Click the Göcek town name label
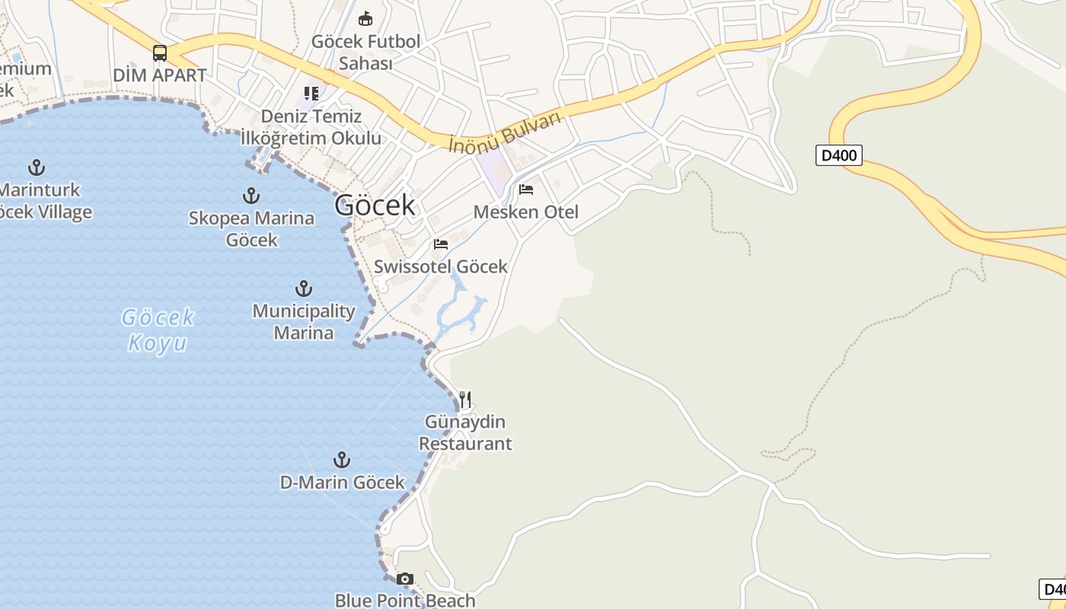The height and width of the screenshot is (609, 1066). [x=375, y=206]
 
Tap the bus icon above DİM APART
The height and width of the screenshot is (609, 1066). [x=159, y=53]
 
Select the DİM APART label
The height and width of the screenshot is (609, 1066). [x=159, y=75]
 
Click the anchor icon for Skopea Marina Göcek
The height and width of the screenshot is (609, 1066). [x=251, y=196]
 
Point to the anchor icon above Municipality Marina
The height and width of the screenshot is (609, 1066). [x=304, y=289]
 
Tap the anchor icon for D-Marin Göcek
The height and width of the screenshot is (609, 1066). [x=342, y=460]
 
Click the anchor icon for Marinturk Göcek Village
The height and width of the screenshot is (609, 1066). [x=36, y=167]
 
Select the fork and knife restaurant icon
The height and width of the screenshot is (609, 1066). [x=465, y=399]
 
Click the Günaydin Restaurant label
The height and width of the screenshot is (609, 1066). [x=465, y=432]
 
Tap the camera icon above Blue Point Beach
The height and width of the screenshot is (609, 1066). [x=405, y=579]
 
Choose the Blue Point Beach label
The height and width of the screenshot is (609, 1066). [x=405, y=601]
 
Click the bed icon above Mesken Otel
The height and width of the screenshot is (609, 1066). [x=526, y=190]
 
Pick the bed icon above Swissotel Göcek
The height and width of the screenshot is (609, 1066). [x=441, y=244]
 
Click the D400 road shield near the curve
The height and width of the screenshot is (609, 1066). [x=838, y=156]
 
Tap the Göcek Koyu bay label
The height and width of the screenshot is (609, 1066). [x=158, y=330]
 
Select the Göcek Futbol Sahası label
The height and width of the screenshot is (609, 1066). [x=365, y=53]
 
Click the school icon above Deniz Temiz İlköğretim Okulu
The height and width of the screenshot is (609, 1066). [x=311, y=94]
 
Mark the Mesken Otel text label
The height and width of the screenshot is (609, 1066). [x=526, y=212]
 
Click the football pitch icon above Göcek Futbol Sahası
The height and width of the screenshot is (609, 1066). [x=365, y=18]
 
